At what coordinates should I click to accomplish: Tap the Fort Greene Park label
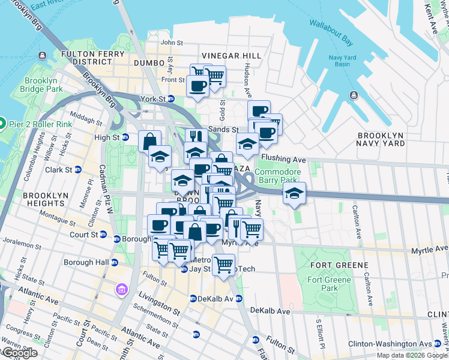(328, 283)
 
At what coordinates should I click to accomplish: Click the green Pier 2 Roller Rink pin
(2, 125)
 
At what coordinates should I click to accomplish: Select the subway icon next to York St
(171, 99)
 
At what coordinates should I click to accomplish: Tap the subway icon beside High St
(125, 137)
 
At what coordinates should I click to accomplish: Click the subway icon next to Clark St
(78, 170)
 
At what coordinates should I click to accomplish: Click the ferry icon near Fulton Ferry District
(41, 56)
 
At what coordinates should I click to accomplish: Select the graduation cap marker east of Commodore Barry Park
(294, 193)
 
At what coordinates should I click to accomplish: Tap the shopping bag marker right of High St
(149, 142)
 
